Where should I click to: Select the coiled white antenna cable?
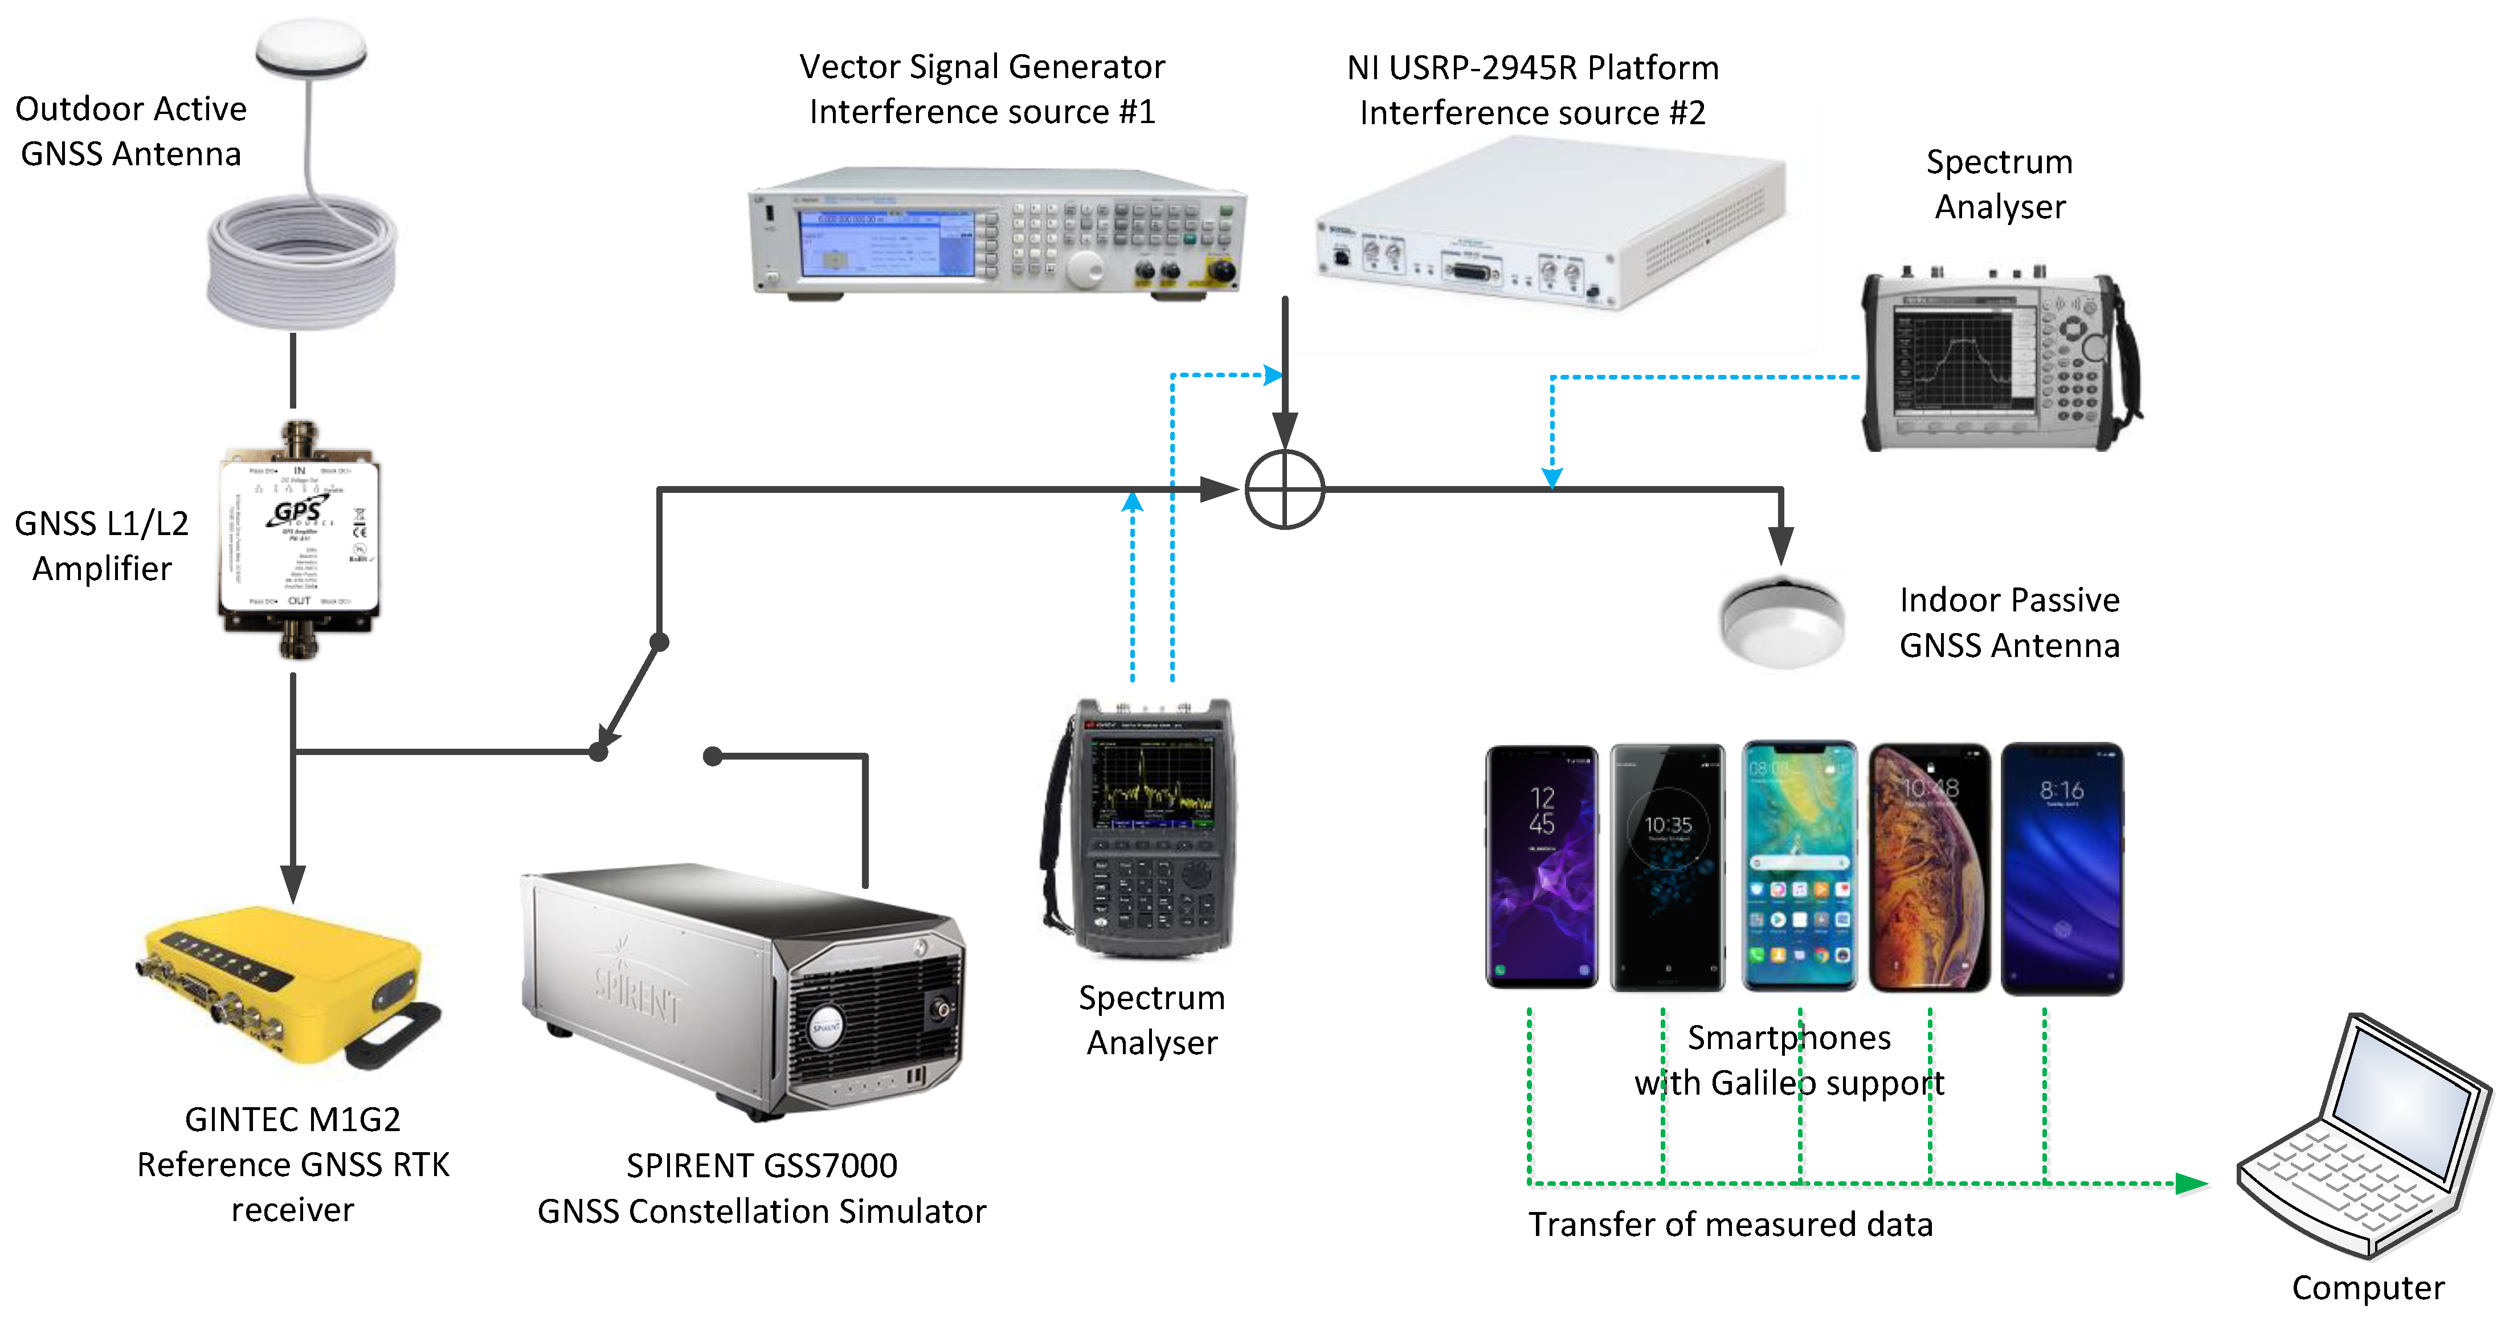point(302,263)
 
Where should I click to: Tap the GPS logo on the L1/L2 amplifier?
point(297,512)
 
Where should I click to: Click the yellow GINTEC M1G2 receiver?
point(283,984)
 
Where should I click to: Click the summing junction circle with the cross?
point(1285,489)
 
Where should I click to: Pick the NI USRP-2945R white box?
point(1548,224)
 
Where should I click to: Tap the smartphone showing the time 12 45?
point(1541,867)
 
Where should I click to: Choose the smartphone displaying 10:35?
point(1668,867)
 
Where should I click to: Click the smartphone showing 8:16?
point(2062,867)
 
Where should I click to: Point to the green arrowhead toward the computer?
point(2192,1184)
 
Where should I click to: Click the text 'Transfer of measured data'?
point(1730,1225)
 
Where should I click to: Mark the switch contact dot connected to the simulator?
point(713,756)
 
